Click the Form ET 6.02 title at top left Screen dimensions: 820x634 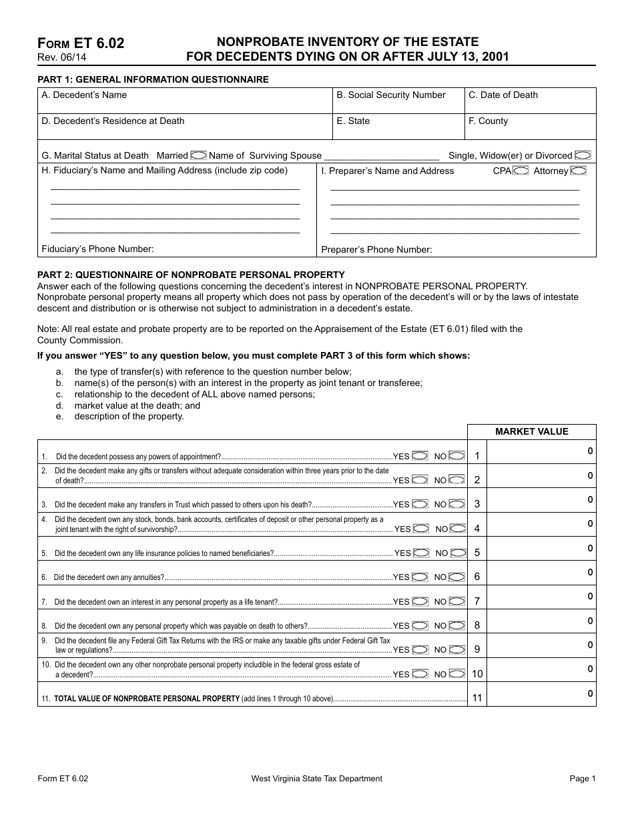(x=81, y=43)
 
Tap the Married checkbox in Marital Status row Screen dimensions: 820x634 (x=198, y=155)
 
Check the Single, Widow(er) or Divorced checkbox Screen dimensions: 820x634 (x=583, y=155)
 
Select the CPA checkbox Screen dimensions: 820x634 (x=521, y=171)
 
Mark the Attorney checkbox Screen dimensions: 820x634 (x=579, y=171)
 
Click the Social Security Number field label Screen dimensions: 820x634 (x=390, y=95)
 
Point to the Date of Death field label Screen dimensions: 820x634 (x=503, y=95)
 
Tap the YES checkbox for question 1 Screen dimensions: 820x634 (x=420, y=456)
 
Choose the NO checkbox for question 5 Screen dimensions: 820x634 (x=458, y=553)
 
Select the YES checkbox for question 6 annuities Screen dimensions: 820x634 (x=420, y=577)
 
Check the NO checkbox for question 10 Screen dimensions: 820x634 (x=457, y=674)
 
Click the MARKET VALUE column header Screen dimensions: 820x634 (x=531, y=431)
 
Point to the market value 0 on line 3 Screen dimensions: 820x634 (x=590, y=500)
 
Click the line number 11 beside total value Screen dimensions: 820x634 (x=477, y=698)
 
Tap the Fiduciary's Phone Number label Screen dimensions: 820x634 (x=97, y=249)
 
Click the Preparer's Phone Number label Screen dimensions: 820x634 (x=376, y=250)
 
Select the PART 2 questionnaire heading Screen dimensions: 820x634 (x=191, y=275)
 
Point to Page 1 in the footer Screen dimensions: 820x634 (x=583, y=779)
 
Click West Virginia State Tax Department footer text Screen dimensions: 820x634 (x=317, y=779)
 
